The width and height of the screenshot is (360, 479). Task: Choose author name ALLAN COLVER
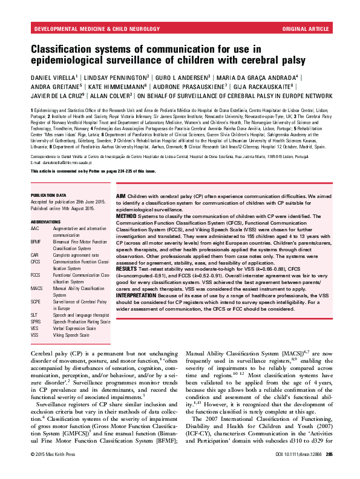(x=113, y=95)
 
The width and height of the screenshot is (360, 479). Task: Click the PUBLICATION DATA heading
(x=48, y=196)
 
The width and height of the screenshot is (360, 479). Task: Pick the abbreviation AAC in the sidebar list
(x=34, y=228)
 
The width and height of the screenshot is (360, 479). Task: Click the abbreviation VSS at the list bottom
(x=34, y=335)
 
